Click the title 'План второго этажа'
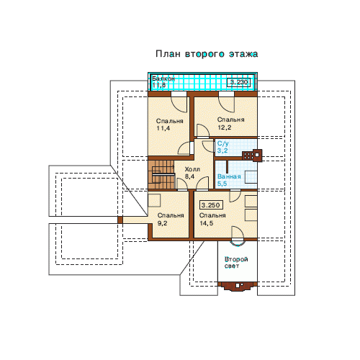point(207,54)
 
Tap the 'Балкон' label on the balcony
point(163,78)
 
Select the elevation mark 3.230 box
point(239,82)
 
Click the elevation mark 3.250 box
point(211,205)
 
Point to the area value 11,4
point(163,128)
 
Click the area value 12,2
point(225,127)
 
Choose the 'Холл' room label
point(192,169)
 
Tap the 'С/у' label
point(223,143)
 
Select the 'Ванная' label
point(229,176)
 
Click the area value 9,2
point(162,223)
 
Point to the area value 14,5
point(207,223)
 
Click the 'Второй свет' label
point(236,263)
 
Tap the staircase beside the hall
point(161,174)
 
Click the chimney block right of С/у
point(252,155)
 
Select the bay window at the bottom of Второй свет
point(238,286)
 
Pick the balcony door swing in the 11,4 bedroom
point(179,104)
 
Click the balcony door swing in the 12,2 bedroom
point(226,104)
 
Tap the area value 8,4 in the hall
point(189,176)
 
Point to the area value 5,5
point(222,184)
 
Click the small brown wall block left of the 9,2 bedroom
point(120,220)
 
